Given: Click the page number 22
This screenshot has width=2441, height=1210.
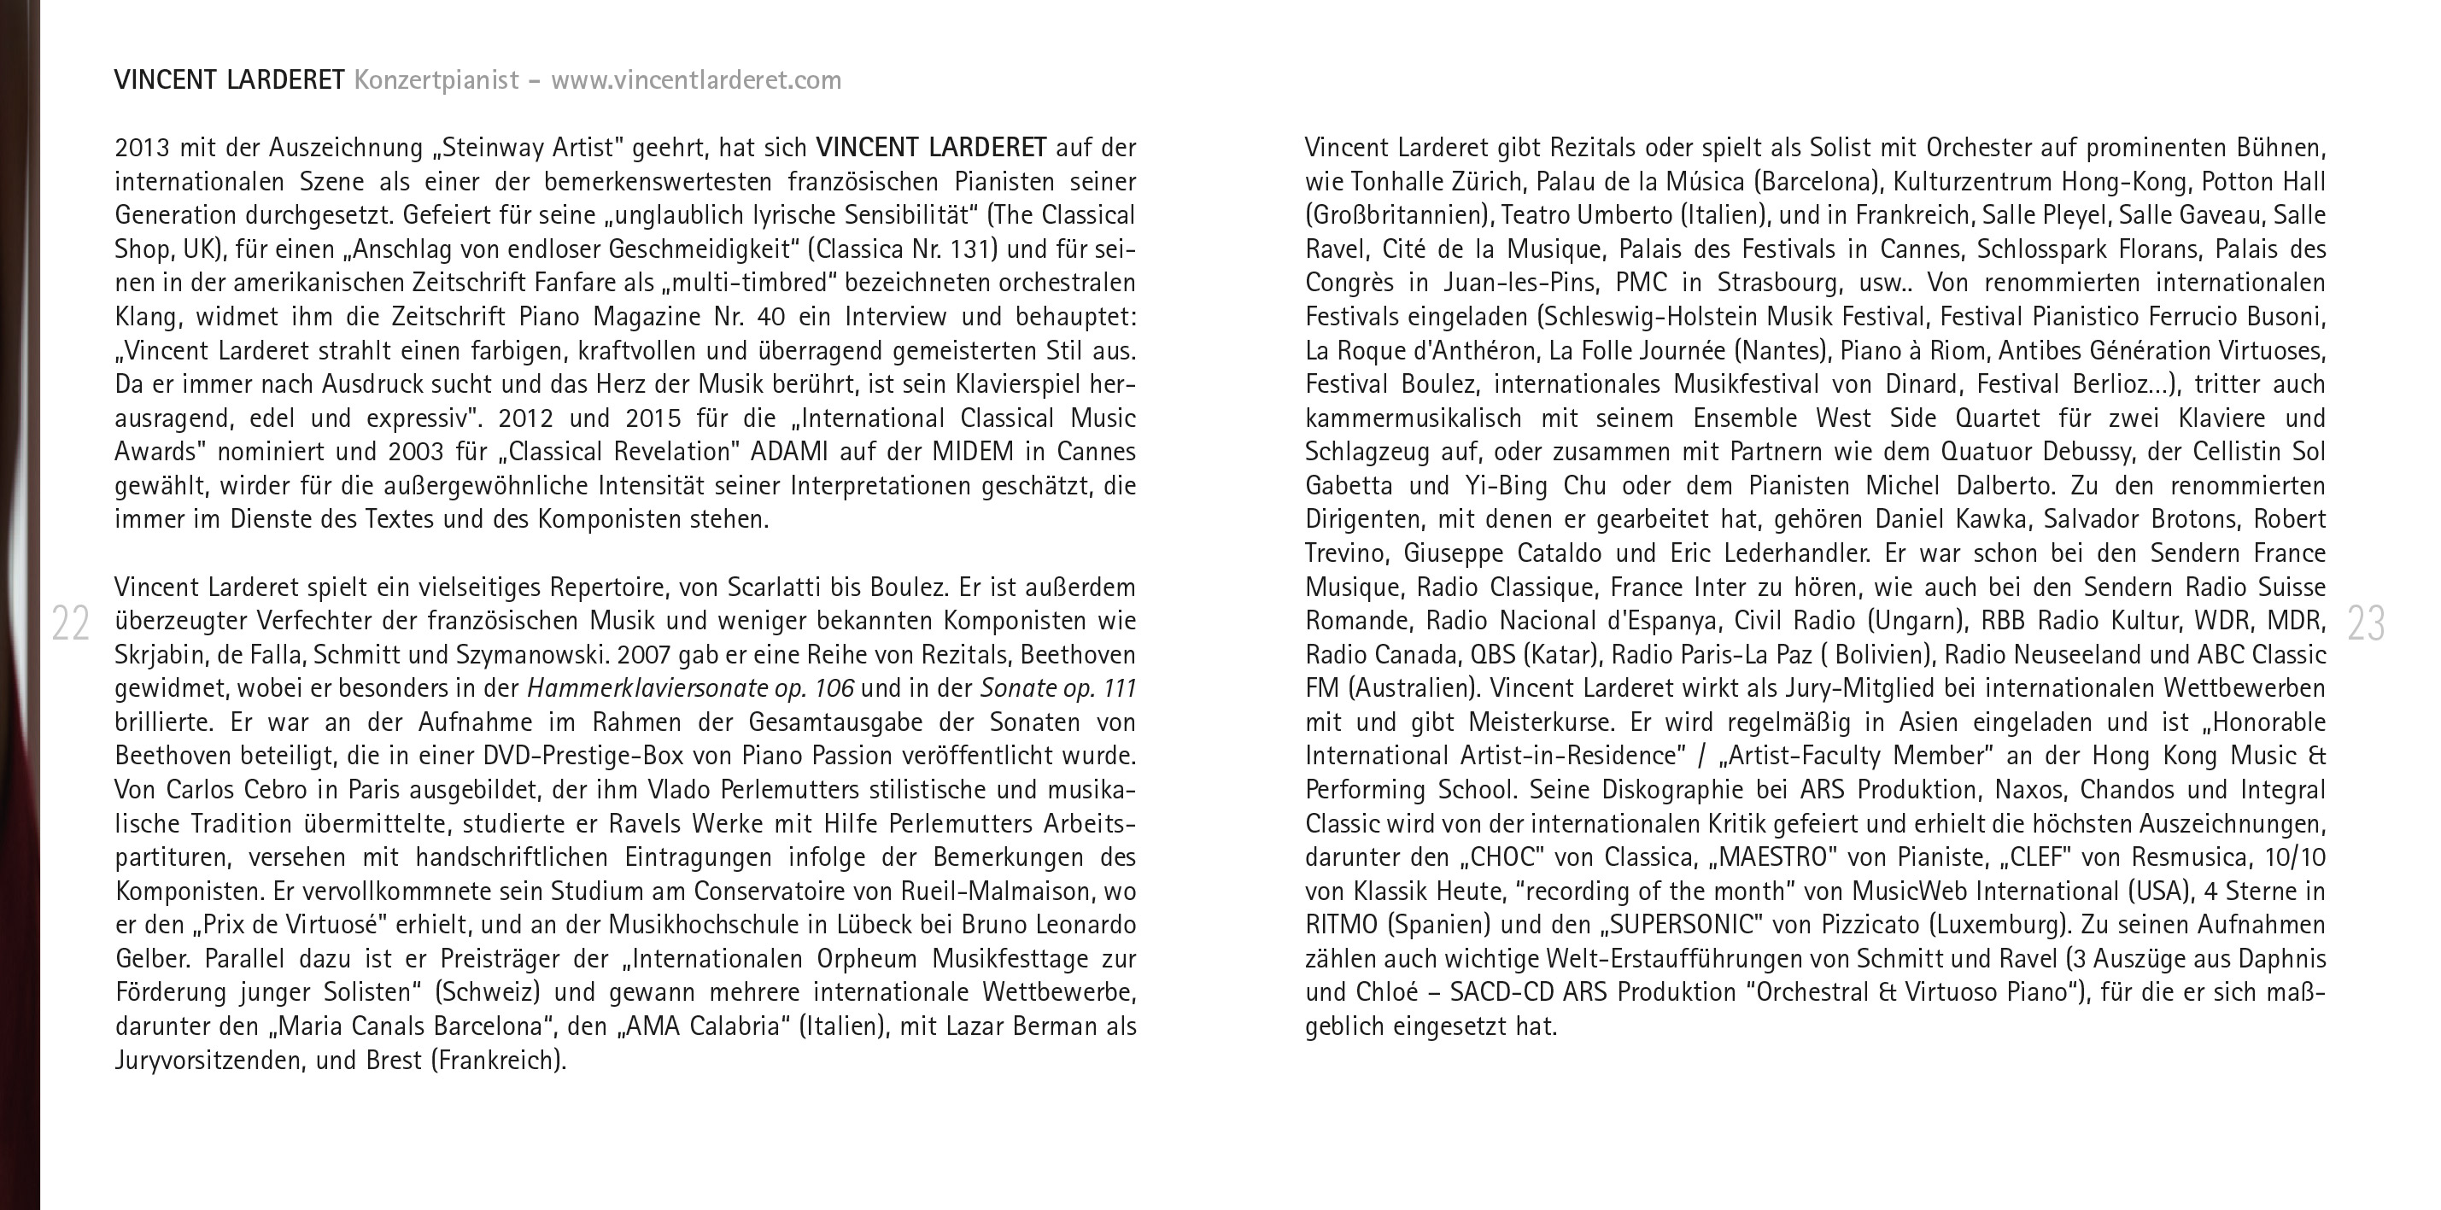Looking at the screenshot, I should click(x=70, y=623).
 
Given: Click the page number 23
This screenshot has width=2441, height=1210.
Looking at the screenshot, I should click(x=2366, y=623).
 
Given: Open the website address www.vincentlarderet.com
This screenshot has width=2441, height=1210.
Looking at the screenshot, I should click(x=695, y=80).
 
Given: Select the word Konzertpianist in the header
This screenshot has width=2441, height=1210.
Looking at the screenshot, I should click(x=436, y=80).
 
